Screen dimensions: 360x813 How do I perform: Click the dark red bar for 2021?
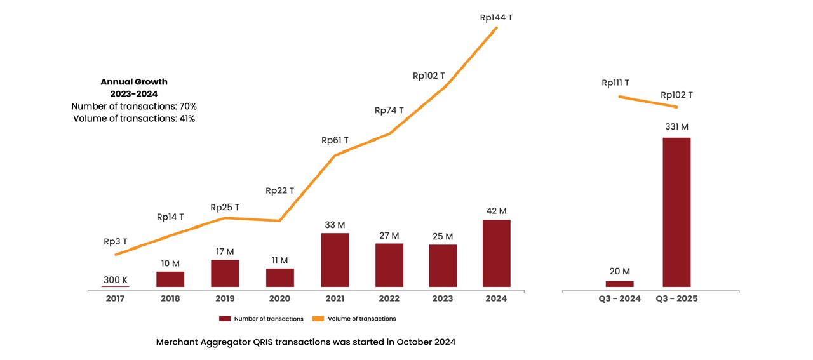point(335,260)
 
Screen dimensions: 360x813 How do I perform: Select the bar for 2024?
point(496,253)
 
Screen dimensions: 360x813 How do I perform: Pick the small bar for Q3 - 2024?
point(619,284)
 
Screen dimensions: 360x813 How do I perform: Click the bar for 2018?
point(170,279)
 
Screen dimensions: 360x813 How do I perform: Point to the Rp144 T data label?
point(496,18)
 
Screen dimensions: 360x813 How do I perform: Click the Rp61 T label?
point(335,140)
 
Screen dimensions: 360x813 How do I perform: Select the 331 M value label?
point(676,127)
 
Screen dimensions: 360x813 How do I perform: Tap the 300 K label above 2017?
point(116,280)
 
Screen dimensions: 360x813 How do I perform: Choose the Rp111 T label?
point(615,83)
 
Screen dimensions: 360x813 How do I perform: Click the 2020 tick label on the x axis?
point(279,298)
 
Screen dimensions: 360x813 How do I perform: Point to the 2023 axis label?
point(442,298)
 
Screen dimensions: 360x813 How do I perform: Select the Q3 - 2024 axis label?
point(619,298)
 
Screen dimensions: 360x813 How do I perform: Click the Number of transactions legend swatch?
point(225,319)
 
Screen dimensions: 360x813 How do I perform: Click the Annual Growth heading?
point(134,82)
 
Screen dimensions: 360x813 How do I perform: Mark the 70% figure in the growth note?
point(188,106)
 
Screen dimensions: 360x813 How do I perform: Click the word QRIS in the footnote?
point(265,342)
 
